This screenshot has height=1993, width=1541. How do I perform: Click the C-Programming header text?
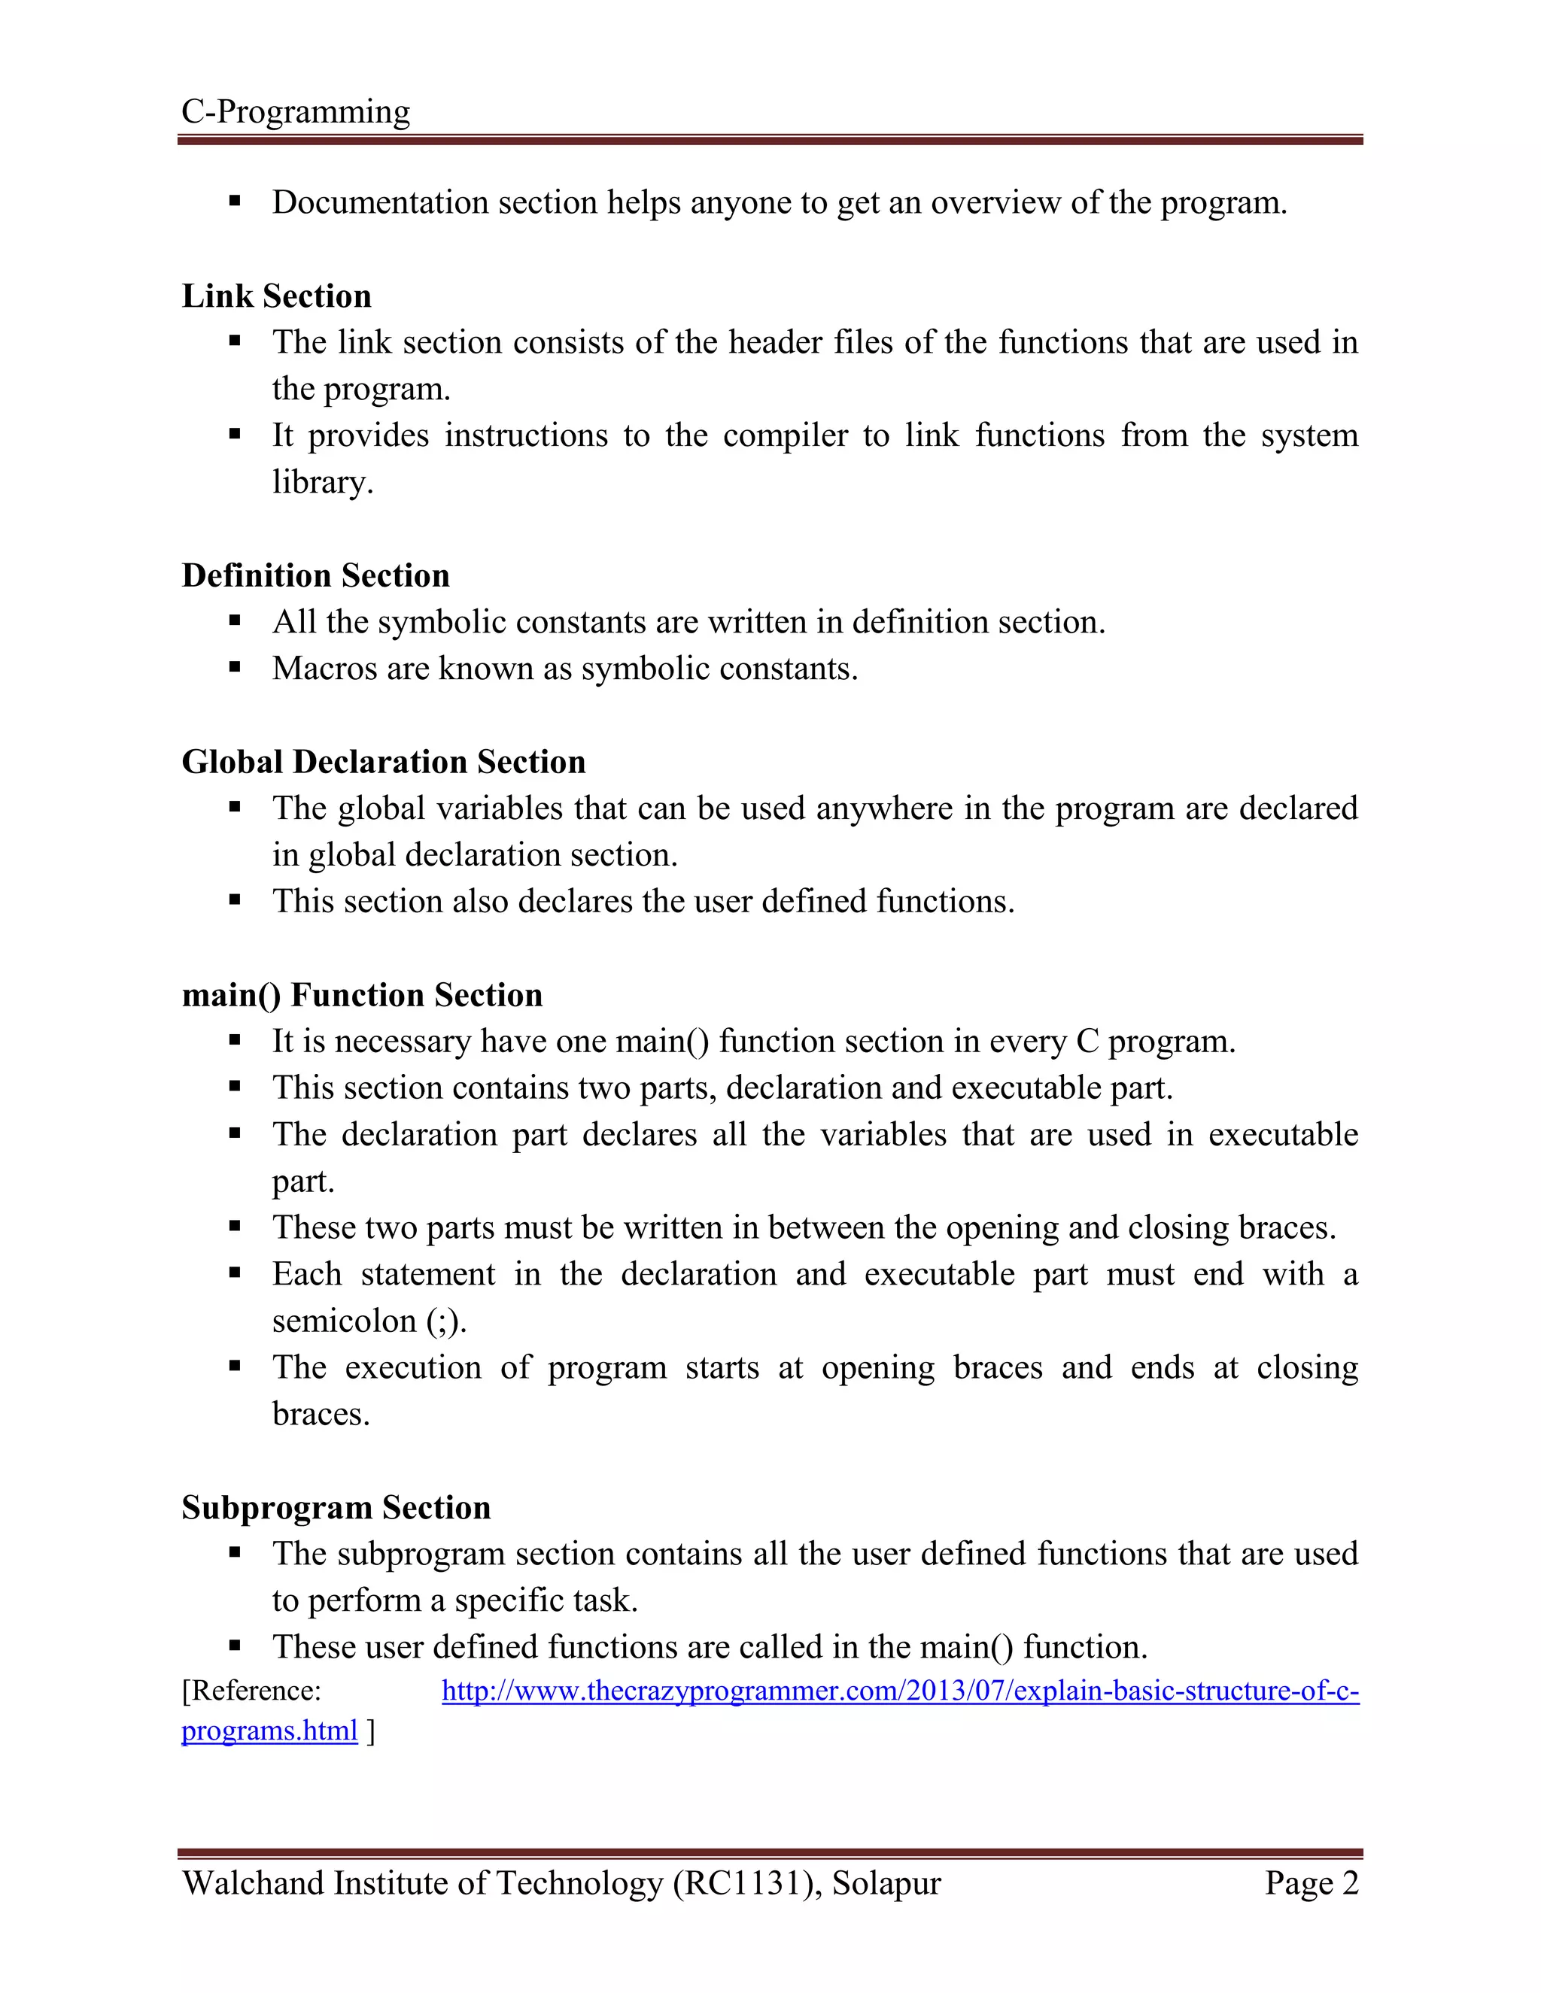(296, 112)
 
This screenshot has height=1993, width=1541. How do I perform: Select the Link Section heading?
(277, 296)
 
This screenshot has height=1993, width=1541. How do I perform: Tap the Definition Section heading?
(316, 576)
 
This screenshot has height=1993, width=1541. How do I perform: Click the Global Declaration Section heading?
(384, 762)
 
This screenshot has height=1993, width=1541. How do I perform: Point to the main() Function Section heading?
(363, 995)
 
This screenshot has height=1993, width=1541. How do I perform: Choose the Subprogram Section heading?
(336, 1507)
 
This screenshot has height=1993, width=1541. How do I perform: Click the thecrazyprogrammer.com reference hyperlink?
(900, 1691)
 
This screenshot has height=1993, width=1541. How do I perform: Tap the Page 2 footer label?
(1311, 1882)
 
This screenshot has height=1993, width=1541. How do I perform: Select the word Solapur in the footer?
(886, 1882)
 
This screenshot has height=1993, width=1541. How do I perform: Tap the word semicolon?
(343, 1321)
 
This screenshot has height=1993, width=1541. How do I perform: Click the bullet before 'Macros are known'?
(235, 668)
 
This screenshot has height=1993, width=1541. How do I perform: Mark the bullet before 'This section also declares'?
(235, 901)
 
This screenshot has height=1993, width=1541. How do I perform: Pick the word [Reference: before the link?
(251, 1691)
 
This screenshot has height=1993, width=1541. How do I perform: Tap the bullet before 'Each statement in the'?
(235, 1273)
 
